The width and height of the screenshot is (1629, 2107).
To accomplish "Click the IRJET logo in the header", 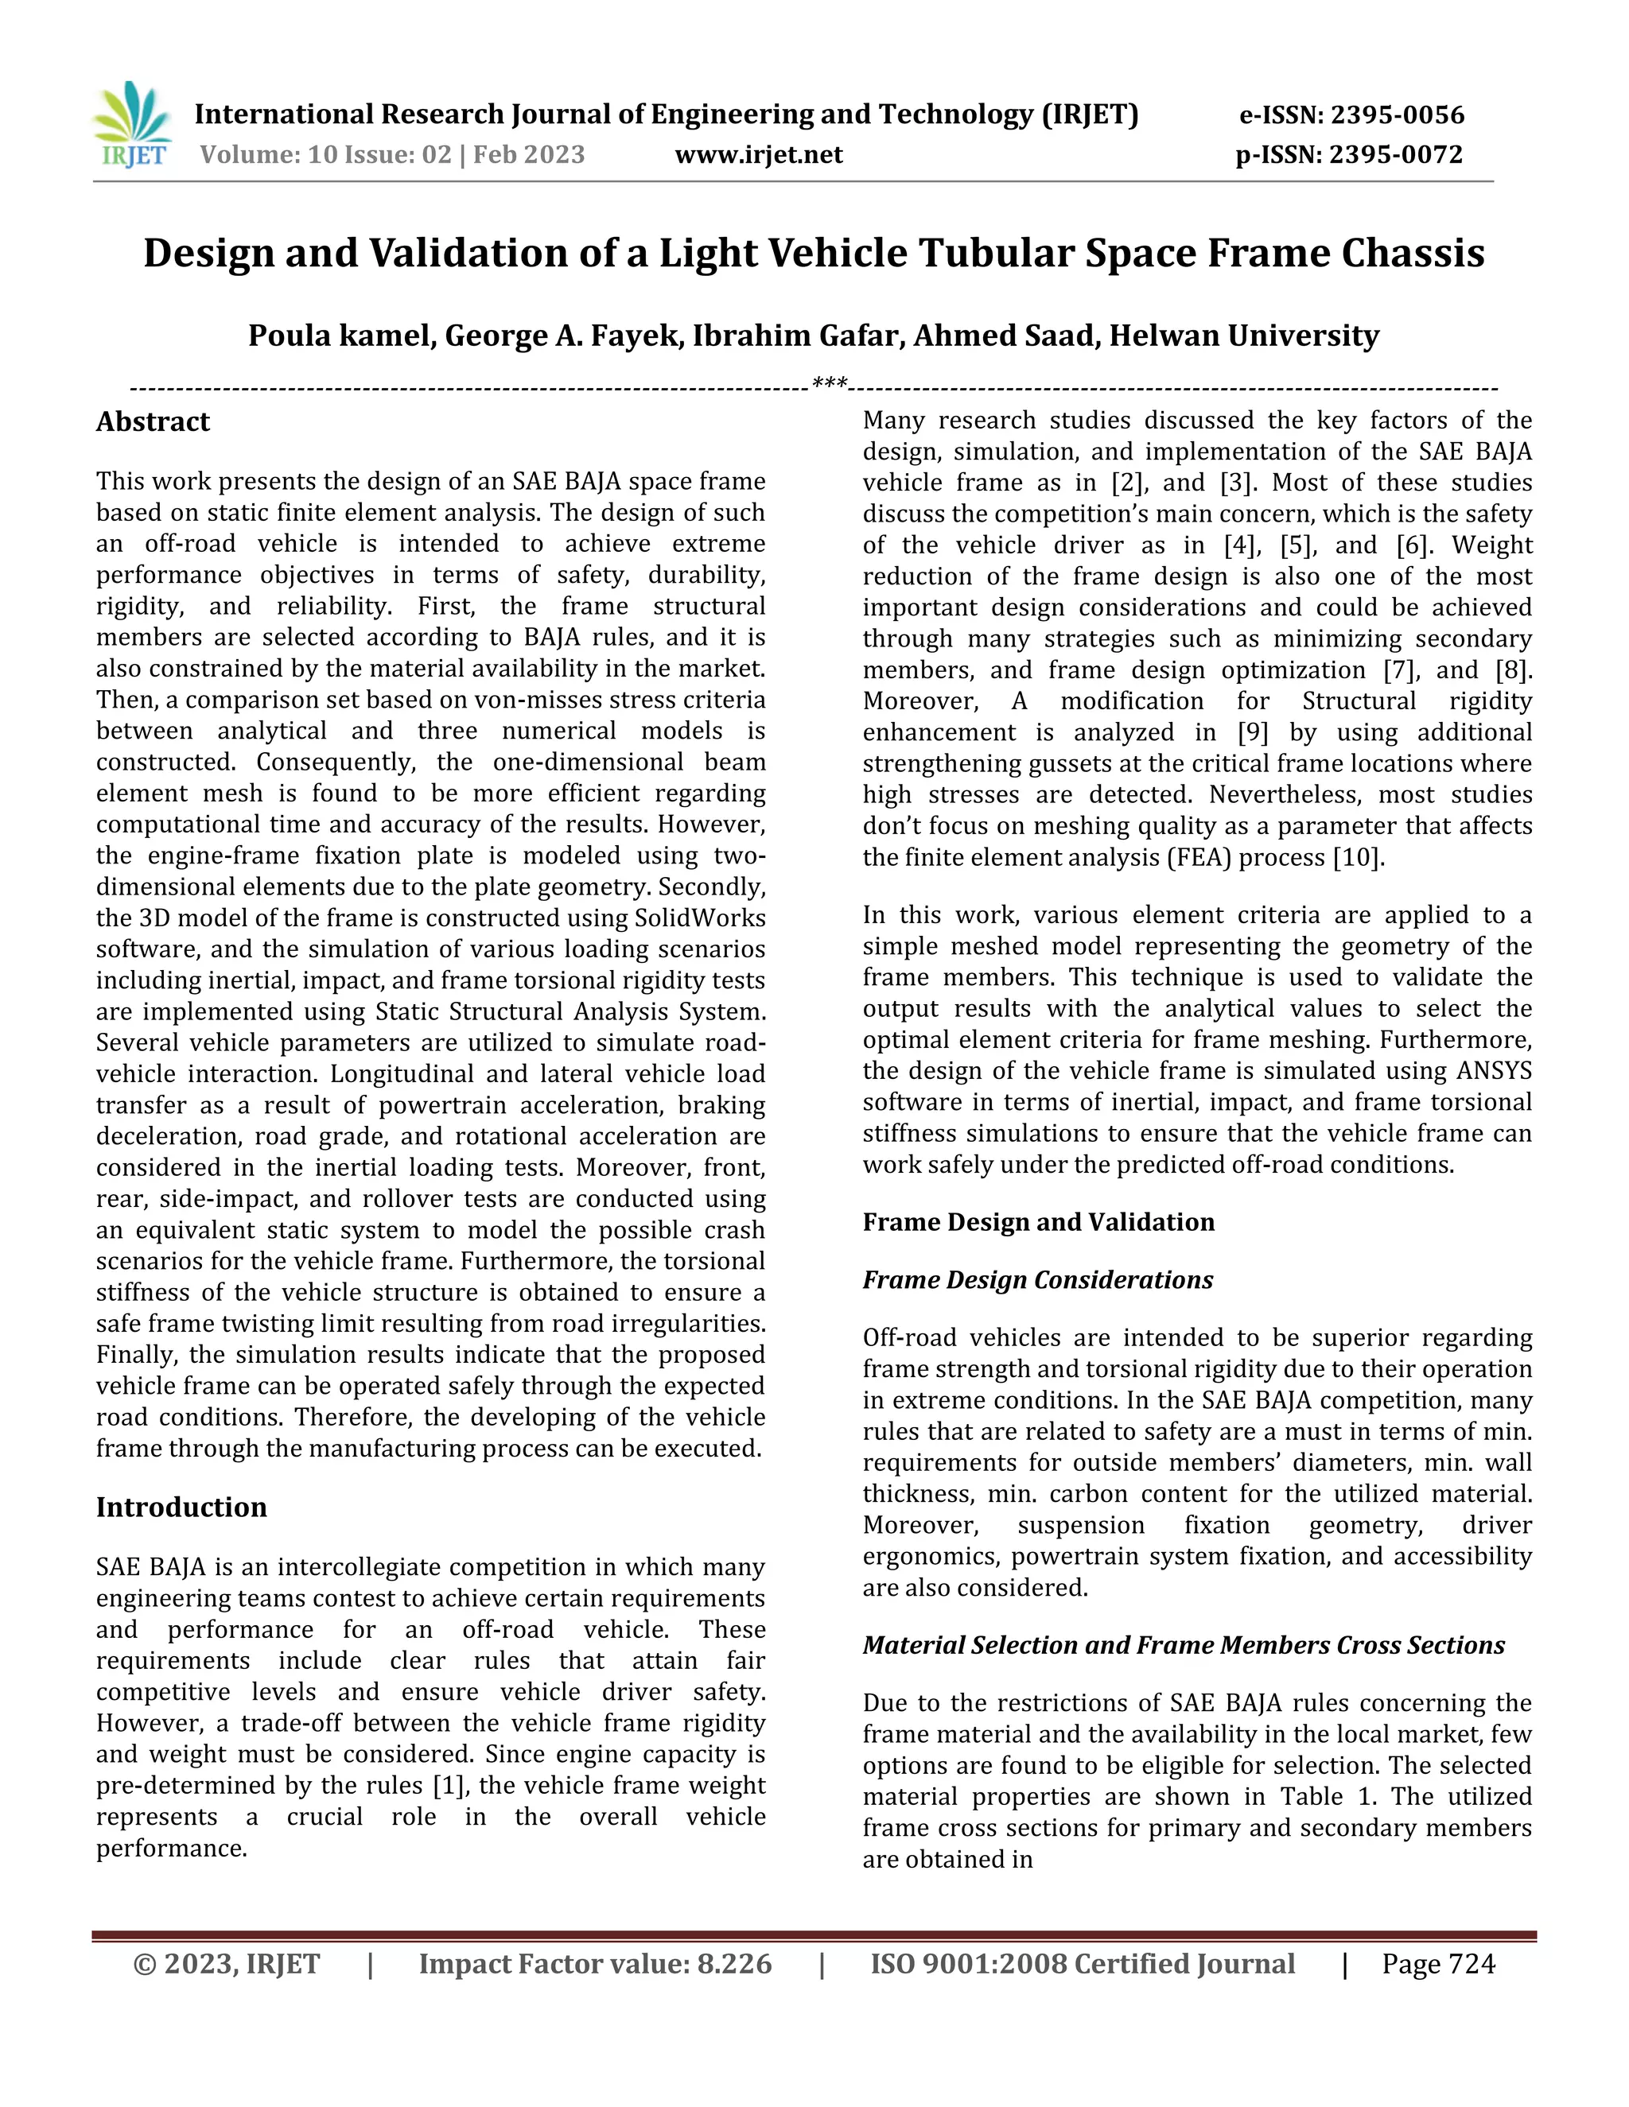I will point(133,126).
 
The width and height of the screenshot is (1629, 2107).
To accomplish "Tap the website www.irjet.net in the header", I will point(759,154).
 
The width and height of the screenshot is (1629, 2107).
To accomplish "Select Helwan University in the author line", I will point(1244,335).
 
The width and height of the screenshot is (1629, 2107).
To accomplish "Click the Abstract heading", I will point(153,421).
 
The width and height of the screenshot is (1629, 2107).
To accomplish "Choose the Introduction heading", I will point(181,1507).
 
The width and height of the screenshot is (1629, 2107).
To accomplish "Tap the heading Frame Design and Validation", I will point(1038,1221).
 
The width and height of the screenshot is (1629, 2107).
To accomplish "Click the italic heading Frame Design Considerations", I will point(1037,1279).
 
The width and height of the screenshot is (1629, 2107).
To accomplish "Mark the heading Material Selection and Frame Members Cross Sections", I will point(1183,1645).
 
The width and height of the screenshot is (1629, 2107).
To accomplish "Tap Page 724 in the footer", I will point(1438,1964).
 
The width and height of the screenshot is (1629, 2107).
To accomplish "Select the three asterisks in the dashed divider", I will point(830,384).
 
